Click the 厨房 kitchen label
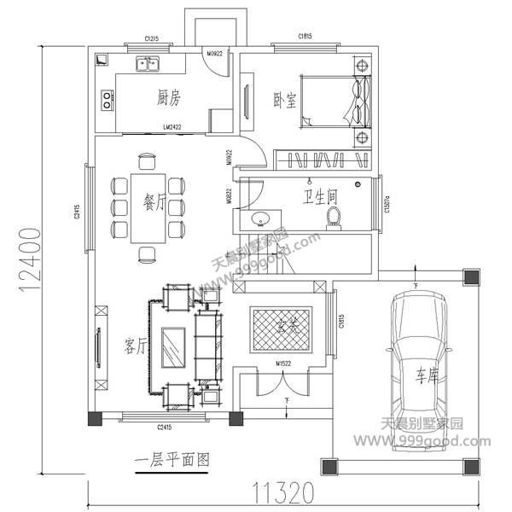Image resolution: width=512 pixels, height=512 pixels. [x=169, y=97]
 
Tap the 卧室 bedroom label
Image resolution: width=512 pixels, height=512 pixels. [x=285, y=100]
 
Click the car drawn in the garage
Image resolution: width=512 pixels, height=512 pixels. [x=418, y=358]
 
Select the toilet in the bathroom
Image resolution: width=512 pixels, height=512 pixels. [x=334, y=218]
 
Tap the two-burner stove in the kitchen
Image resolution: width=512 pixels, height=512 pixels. [x=108, y=100]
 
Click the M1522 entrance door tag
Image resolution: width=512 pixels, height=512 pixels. [x=284, y=364]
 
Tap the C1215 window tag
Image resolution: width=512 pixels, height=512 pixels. [x=153, y=39]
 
